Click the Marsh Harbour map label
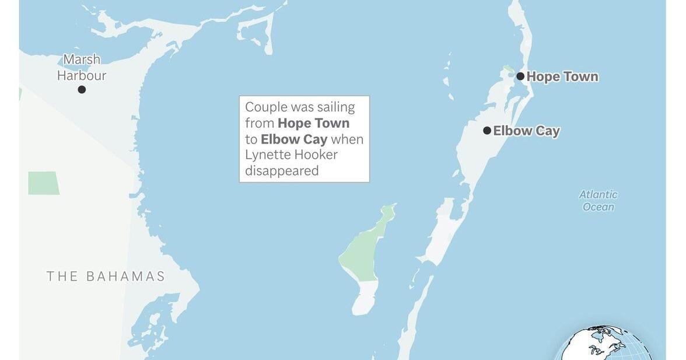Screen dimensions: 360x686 [82, 67]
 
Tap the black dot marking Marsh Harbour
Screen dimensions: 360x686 [82, 89]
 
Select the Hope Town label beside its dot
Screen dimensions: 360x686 [562, 76]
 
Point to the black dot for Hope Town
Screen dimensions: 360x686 [520, 76]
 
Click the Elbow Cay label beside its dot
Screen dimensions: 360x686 [526, 131]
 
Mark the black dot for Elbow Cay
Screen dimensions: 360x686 [487, 131]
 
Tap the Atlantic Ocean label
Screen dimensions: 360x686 [598, 201]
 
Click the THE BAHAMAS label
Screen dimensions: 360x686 [106, 277]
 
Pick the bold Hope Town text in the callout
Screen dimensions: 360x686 [313, 123]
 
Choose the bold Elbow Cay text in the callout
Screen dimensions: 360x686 [294, 139]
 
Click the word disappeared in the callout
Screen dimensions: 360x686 [282, 171]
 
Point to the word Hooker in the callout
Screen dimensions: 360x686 [316, 155]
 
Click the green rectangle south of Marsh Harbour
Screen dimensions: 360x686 [43, 183]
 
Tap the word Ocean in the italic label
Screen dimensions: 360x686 [598, 207]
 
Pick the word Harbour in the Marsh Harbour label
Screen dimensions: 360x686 [82, 75]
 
